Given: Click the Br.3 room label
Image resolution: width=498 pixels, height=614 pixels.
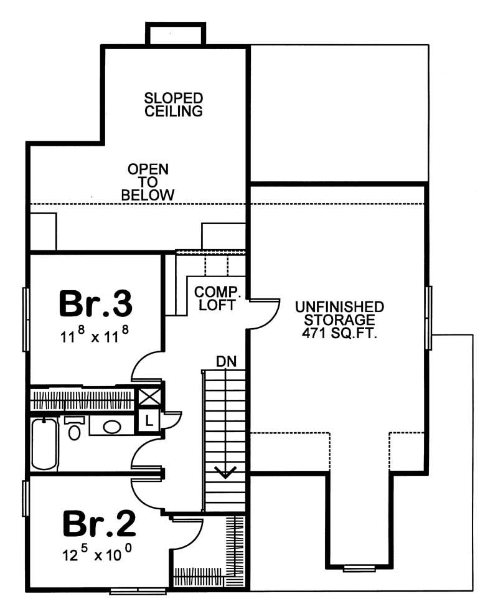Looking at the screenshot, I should [x=96, y=304].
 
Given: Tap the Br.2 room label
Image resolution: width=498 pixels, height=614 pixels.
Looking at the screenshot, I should [x=99, y=524].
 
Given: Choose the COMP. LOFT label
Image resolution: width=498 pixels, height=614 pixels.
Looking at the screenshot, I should [x=215, y=298].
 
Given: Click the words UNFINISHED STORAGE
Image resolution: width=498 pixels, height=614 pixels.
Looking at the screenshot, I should [x=339, y=313].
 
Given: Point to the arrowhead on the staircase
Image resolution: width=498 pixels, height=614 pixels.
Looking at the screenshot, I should [x=224, y=474].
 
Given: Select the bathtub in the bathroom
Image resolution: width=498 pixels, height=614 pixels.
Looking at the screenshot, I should [x=44, y=443].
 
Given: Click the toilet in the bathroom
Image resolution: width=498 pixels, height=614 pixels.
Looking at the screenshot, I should [x=74, y=429].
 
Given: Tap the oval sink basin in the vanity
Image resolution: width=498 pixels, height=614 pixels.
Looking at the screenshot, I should [x=112, y=427].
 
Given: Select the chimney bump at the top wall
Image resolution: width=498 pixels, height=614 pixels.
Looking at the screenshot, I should [x=175, y=34].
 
